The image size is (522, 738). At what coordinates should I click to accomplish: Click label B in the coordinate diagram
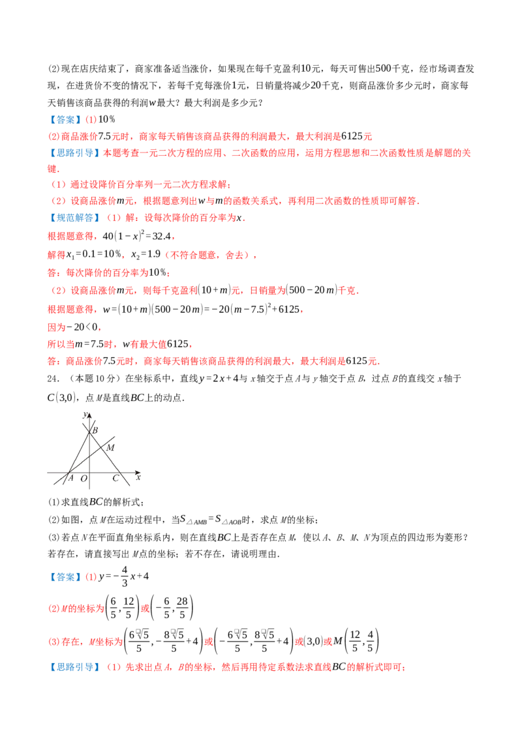95,430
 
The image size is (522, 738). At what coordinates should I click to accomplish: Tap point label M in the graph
110,448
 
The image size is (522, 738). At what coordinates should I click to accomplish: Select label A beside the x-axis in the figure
71,478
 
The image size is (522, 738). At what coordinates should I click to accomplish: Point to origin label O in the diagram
84,479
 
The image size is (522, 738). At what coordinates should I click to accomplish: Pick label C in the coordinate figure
115,478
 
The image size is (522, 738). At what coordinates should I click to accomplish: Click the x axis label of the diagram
138,477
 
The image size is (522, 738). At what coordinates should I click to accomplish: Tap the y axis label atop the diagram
85,414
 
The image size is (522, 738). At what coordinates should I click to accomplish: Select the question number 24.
54,378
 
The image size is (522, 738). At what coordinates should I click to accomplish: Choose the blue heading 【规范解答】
75,218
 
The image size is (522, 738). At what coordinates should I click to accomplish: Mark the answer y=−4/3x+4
124,576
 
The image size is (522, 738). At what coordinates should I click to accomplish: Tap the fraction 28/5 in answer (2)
182,608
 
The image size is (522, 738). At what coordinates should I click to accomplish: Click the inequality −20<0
83,327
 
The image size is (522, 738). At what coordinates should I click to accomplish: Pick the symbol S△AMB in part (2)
194,520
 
